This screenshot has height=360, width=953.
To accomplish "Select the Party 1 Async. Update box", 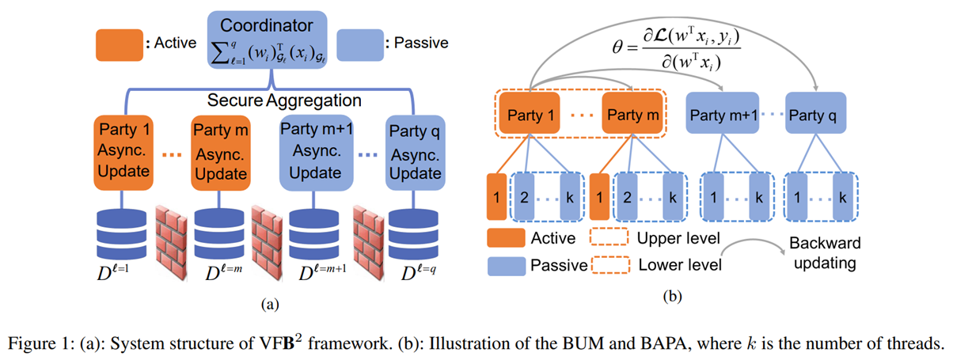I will (127, 150).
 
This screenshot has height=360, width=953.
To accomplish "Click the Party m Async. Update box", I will (220, 150).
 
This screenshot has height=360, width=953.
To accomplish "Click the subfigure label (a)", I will (266, 303).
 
